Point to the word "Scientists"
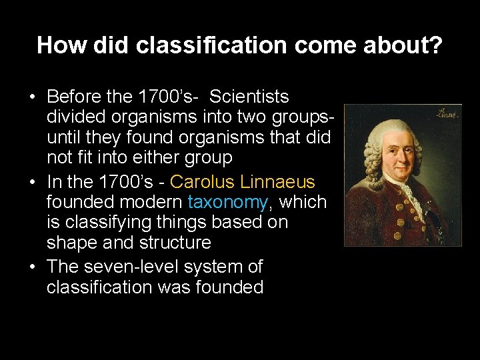pos(249,97)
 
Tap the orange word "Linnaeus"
pos(281,181)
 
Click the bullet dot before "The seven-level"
pos(33,267)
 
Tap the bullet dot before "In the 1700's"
pos(33,182)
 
